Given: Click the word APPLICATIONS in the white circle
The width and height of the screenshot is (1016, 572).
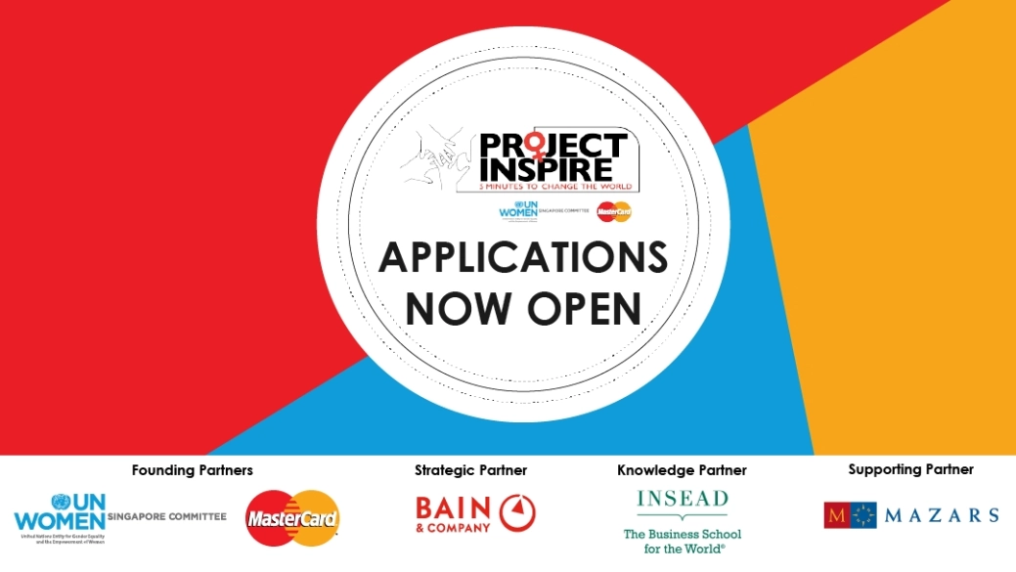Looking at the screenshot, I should coord(523,258).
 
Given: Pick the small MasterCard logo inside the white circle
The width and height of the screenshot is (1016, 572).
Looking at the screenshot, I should coord(615,210).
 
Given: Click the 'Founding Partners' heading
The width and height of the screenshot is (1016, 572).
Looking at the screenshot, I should coord(192,470).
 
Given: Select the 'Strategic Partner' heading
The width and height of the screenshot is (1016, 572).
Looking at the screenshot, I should coord(470,470).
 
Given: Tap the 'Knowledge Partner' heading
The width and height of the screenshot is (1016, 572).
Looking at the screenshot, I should coord(682,470).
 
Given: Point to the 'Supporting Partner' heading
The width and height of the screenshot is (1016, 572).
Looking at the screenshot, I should coord(910,469).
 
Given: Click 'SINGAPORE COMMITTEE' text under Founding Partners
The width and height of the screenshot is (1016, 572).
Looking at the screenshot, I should coord(167,516).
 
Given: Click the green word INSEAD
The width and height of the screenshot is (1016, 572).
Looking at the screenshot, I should coord(682,499).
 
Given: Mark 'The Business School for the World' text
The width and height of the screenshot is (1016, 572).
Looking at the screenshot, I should coord(682,541).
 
